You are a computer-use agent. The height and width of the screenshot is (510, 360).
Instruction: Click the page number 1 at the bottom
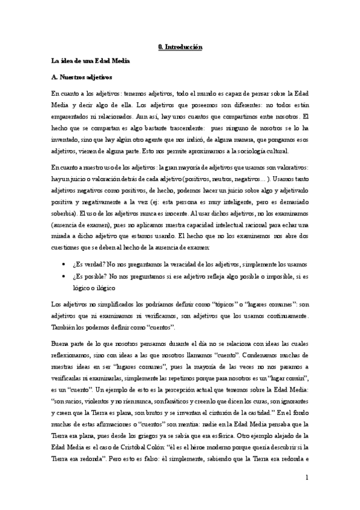(306, 478)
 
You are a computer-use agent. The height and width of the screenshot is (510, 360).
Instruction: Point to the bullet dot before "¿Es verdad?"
(64, 265)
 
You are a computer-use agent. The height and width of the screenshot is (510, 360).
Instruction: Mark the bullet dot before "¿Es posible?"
(64, 276)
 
